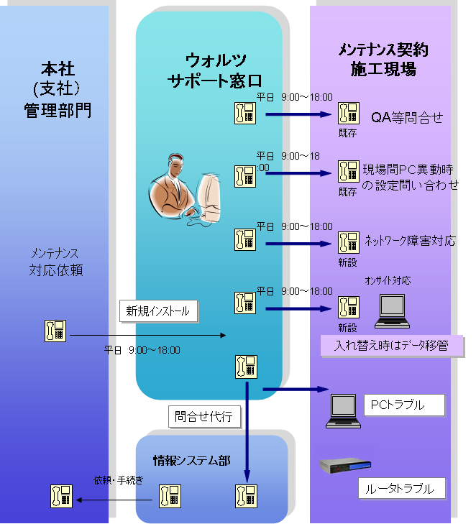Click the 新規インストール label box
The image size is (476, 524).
point(158,311)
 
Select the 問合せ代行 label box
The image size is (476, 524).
point(204,416)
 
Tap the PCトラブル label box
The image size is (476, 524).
point(404,405)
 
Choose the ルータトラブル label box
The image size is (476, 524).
point(401,488)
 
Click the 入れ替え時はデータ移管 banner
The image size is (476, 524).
point(392,346)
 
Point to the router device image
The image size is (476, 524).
point(345,465)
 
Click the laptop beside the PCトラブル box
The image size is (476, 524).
point(343,411)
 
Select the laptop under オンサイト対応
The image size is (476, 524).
point(392,311)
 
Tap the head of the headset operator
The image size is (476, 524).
point(175,165)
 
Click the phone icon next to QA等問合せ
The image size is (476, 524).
point(348,114)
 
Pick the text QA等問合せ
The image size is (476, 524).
point(407,118)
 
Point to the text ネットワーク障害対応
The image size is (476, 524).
point(410,241)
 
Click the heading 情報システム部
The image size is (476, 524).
point(191,461)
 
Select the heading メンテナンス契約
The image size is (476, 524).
point(383,50)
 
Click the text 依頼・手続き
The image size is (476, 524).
point(119,480)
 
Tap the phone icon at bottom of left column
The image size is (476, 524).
point(62,496)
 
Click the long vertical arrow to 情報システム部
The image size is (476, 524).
point(247,432)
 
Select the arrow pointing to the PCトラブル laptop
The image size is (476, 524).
point(296,389)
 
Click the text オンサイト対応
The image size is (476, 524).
point(388,280)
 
